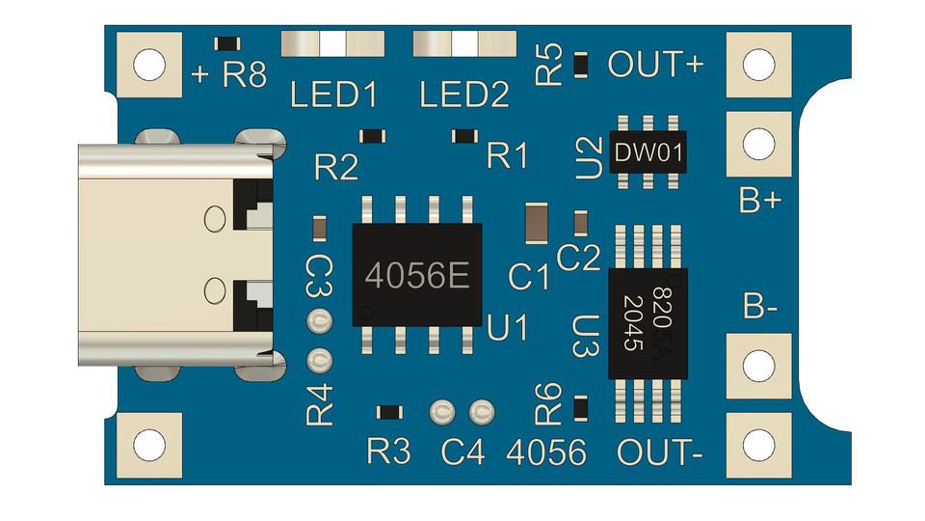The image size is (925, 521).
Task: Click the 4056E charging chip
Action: pyautogui.click(x=417, y=275)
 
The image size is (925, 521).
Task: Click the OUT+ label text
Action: pyautogui.click(x=656, y=65)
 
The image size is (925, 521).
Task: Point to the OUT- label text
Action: pyautogui.click(x=658, y=452)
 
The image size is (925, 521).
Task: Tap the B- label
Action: pyautogui.click(x=759, y=309)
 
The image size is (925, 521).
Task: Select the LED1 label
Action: pyautogui.click(x=334, y=96)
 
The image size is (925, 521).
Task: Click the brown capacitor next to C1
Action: pyautogui.click(x=535, y=223)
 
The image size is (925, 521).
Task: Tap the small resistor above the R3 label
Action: pyautogui.click(x=389, y=412)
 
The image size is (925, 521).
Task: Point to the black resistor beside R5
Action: pyautogui.click(x=581, y=65)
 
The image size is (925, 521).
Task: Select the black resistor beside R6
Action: pyautogui.click(x=581, y=408)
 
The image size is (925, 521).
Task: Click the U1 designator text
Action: pyautogui.click(x=508, y=329)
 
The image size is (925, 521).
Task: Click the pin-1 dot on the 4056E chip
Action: pyautogui.click(x=365, y=312)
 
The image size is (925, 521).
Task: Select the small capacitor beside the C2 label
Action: pyautogui.click(x=580, y=223)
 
